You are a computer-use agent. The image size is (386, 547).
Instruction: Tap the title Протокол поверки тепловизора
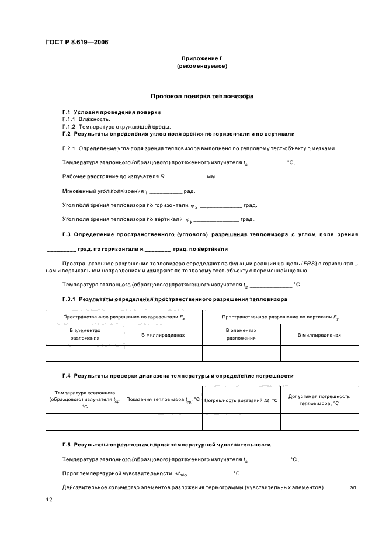click(x=201, y=95)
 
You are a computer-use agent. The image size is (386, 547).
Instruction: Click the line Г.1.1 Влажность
click(x=86, y=119)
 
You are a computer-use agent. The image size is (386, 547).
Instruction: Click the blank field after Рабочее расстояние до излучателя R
click(x=186, y=177)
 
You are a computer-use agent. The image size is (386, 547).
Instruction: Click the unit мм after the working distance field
click(x=211, y=176)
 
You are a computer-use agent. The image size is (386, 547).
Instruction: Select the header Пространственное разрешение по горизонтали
click(x=123, y=317)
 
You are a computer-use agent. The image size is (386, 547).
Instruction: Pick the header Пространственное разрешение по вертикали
click(x=280, y=317)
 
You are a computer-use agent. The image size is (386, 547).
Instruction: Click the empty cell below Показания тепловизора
click(x=162, y=422)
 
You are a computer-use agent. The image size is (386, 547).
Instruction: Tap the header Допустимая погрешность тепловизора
click(x=319, y=400)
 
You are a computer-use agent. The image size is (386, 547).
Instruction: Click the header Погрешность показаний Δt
click(x=241, y=400)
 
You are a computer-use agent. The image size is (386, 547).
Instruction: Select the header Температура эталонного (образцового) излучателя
click(x=84, y=400)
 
